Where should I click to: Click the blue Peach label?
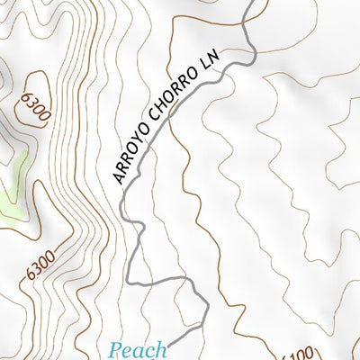click(x=138, y=349)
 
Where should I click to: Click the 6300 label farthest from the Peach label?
click(x=29, y=103)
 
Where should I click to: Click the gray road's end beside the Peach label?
click(x=168, y=343)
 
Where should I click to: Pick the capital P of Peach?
click(x=116, y=348)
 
